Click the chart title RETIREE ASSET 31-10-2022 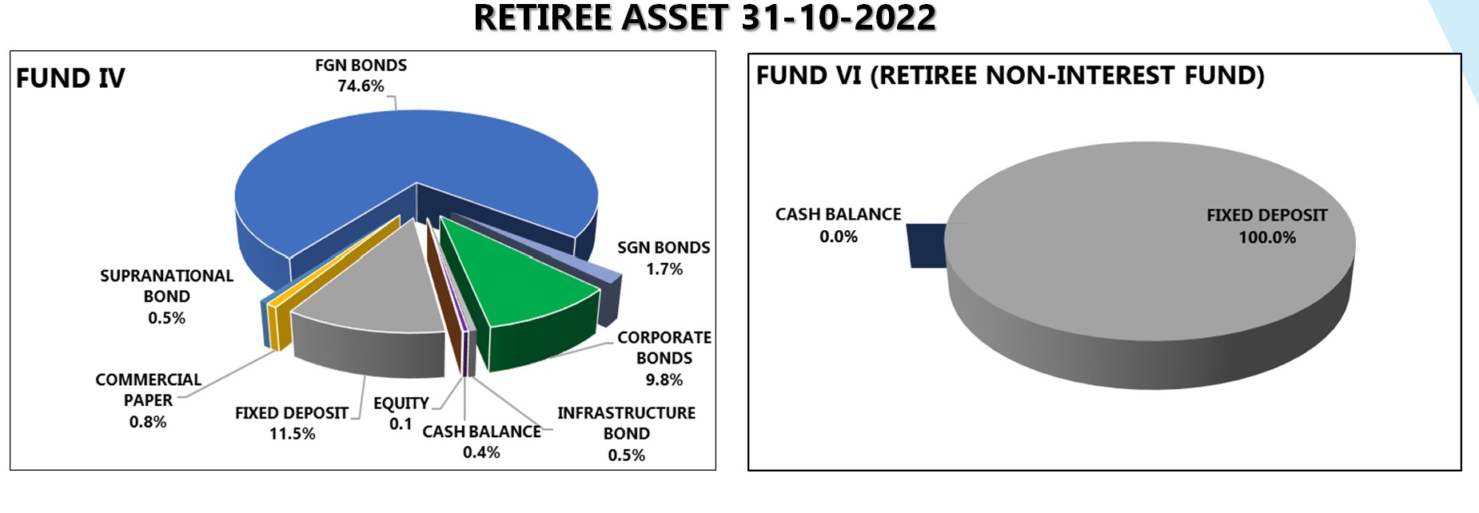click(704, 18)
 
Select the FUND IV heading click(70, 78)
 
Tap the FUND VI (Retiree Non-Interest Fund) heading click(1011, 75)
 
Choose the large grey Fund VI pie click(1151, 264)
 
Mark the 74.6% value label click(361, 86)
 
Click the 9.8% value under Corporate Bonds click(664, 380)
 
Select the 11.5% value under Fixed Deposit click(292, 434)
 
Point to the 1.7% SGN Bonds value click(664, 269)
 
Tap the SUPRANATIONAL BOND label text click(166, 286)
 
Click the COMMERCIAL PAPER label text click(148, 390)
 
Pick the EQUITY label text click(401, 404)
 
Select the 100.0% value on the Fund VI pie click(1267, 237)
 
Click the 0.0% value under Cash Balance click(838, 237)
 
